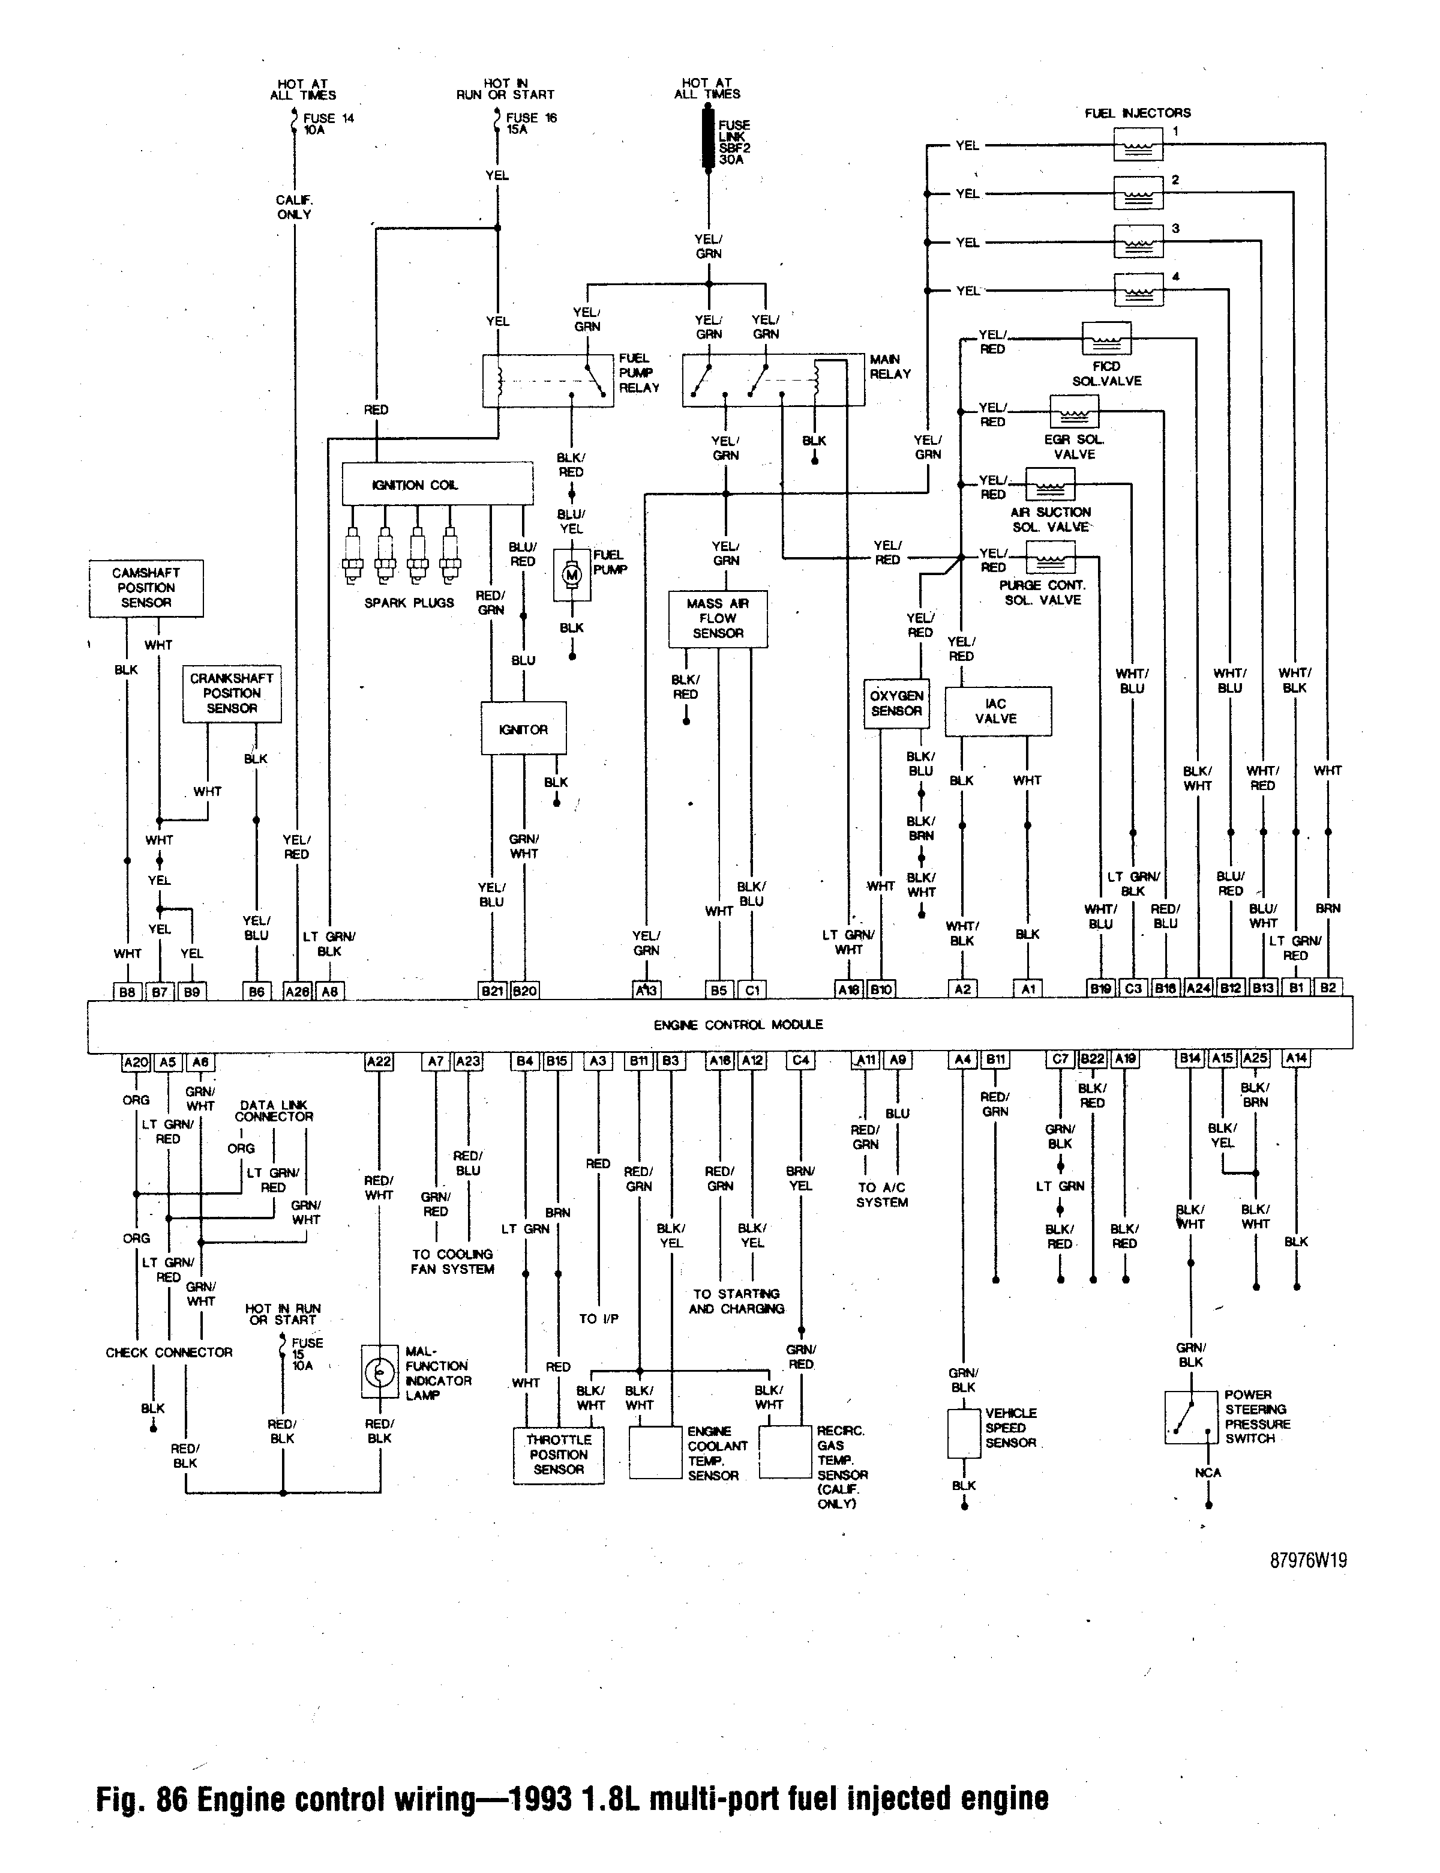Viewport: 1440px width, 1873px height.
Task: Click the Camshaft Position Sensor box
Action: click(146, 588)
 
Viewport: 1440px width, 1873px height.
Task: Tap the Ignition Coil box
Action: click(437, 484)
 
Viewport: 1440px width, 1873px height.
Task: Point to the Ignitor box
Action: click(523, 729)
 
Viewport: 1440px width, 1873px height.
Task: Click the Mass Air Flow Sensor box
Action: click(718, 618)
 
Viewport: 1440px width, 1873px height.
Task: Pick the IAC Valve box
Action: click(998, 711)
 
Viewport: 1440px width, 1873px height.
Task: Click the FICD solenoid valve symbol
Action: click(1106, 339)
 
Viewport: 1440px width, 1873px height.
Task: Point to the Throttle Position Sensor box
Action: click(558, 1455)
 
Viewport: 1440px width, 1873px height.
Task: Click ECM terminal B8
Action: click(127, 991)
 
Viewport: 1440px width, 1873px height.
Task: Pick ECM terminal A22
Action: click(378, 1062)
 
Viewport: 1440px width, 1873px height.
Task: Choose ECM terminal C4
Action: click(800, 1060)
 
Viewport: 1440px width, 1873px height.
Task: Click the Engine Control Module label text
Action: click(738, 1025)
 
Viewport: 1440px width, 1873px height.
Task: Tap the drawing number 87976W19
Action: click(1308, 1560)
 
